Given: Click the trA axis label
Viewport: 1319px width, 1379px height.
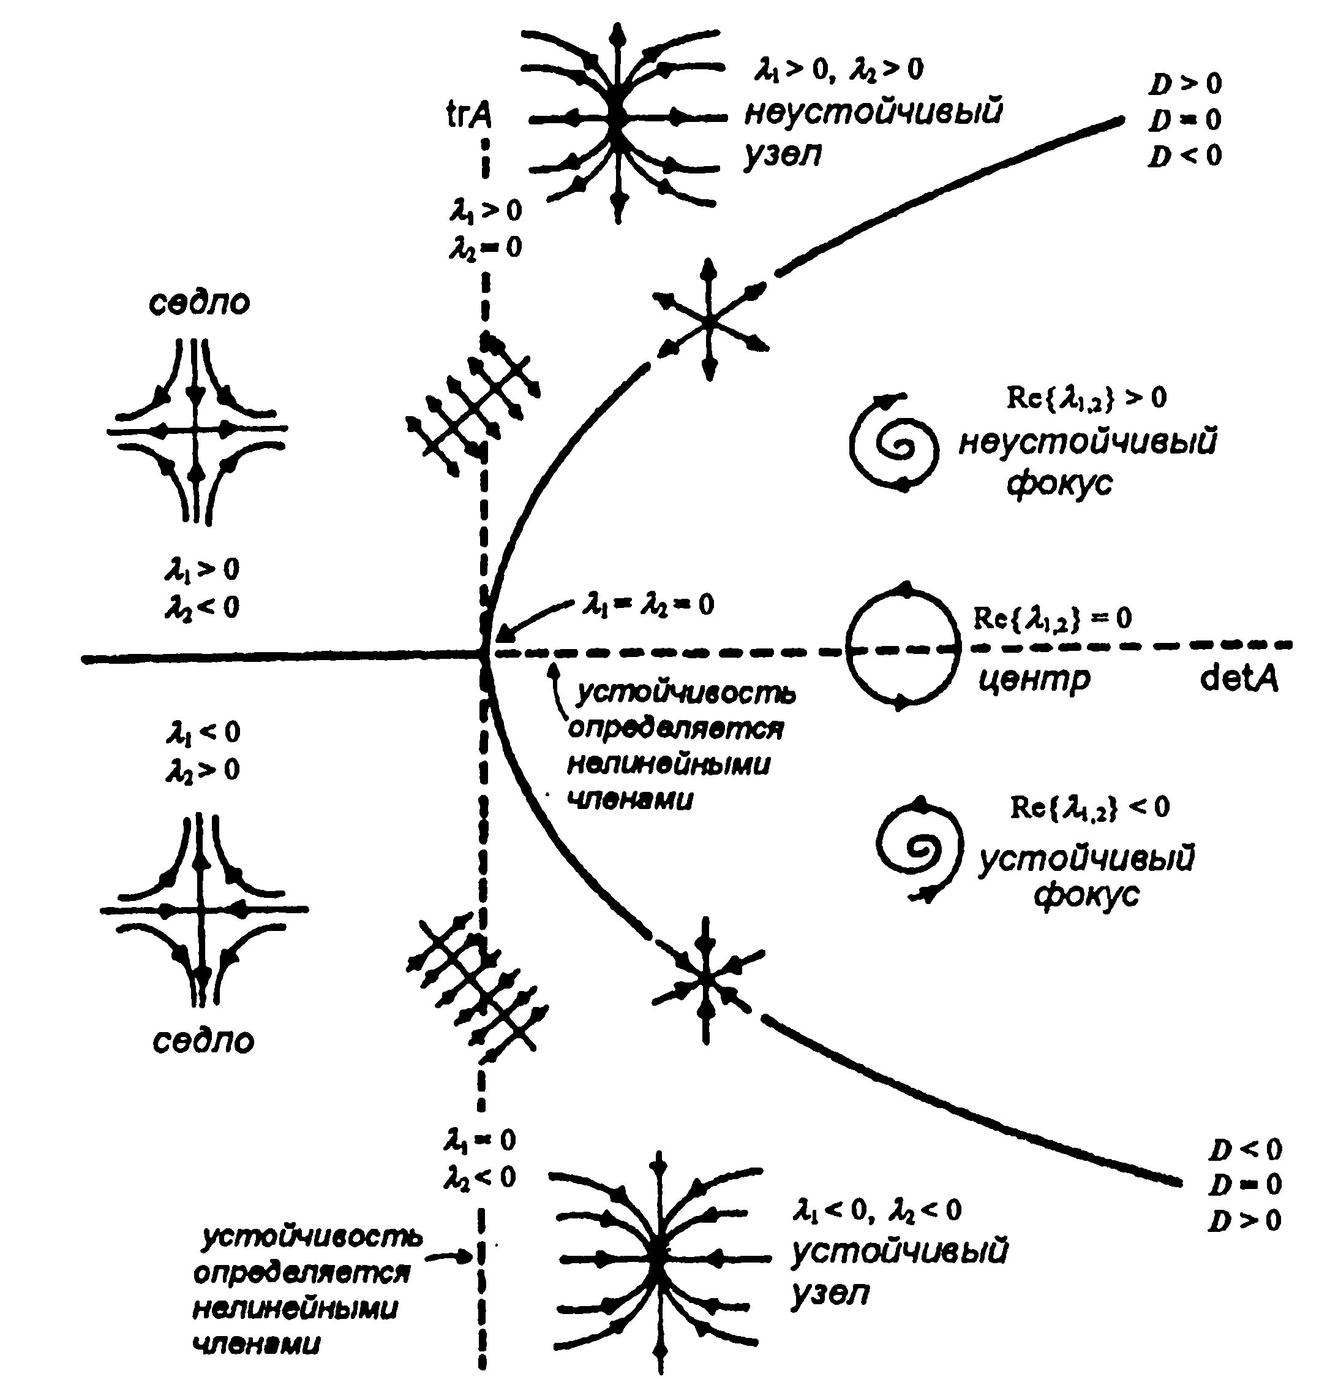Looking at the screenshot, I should click(469, 116).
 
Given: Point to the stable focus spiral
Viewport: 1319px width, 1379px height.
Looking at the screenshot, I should click(917, 850).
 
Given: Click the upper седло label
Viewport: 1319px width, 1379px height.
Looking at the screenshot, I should click(199, 303).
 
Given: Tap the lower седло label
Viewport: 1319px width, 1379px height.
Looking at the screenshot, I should click(203, 1041).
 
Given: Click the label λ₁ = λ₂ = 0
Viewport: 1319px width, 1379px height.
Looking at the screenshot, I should click(648, 605).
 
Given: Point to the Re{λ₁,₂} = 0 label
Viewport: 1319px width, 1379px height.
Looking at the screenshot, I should click(1052, 618).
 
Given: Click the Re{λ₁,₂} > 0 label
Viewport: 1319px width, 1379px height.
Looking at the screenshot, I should click(1086, 398).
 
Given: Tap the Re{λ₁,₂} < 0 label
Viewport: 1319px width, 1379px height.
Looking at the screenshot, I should click(1090, 807).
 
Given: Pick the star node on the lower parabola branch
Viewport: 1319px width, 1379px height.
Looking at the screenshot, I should click(705, 979).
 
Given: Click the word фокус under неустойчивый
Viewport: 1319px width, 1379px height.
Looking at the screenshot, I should click(1059, 484).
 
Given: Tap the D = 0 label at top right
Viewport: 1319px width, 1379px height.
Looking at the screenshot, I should click(1186, 120).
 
